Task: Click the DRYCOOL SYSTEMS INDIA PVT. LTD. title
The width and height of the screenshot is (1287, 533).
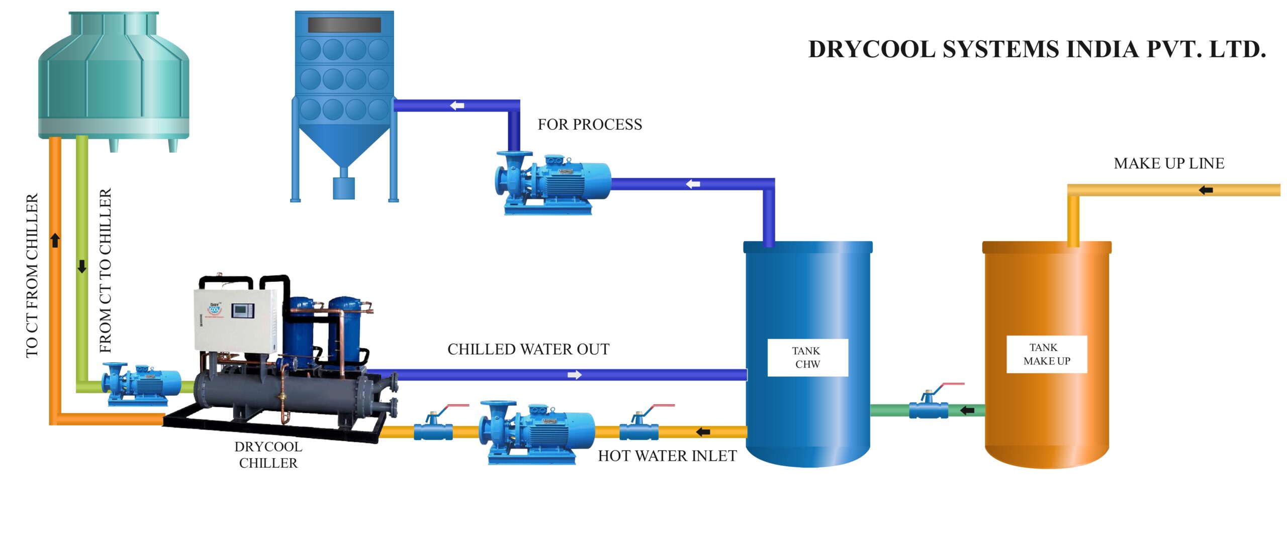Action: point(1036,50)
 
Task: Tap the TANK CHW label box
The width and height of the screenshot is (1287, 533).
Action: point(807,357)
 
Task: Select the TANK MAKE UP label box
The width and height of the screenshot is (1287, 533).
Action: point(1046,354)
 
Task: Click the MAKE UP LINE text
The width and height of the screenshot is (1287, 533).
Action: point(1168,163)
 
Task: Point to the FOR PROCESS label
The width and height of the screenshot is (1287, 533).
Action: point(590,125)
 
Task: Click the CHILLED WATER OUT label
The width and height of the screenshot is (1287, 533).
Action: point(528,349)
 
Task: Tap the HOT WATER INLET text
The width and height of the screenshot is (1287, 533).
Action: point(667,456)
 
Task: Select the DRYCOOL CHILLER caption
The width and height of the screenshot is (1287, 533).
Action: point(268,455)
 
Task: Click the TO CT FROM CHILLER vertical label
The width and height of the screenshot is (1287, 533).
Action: point(32,275)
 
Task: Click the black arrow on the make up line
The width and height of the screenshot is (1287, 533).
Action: point(1206,190)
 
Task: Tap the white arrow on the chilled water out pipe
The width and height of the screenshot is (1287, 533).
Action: point(575,375)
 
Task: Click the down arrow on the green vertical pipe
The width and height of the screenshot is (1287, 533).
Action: point(82,267)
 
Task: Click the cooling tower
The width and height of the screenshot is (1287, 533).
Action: point(114,75)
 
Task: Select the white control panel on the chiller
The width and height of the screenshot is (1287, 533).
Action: point(235,319)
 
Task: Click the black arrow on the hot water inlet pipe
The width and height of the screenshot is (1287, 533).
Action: point(703,432)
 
